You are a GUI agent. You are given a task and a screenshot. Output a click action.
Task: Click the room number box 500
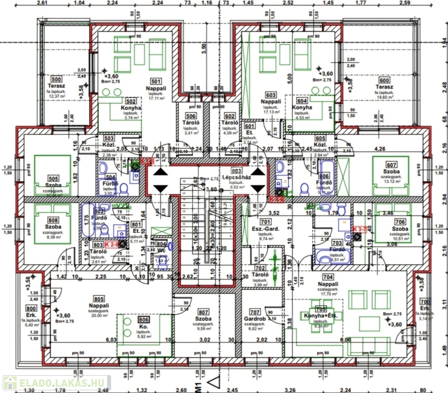(x=56, y=79)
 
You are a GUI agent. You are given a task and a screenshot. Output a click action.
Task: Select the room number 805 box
(x=99, y=299)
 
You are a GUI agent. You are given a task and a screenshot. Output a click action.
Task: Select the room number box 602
(x=230, y=116)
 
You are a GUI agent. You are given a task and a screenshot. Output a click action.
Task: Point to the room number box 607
(x=392, y=165)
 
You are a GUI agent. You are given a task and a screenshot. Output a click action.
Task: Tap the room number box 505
(x=53, y=179)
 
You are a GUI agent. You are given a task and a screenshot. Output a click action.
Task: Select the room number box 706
(x=400, y=221)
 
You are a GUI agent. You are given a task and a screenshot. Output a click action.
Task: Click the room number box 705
(x=322, y=309)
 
